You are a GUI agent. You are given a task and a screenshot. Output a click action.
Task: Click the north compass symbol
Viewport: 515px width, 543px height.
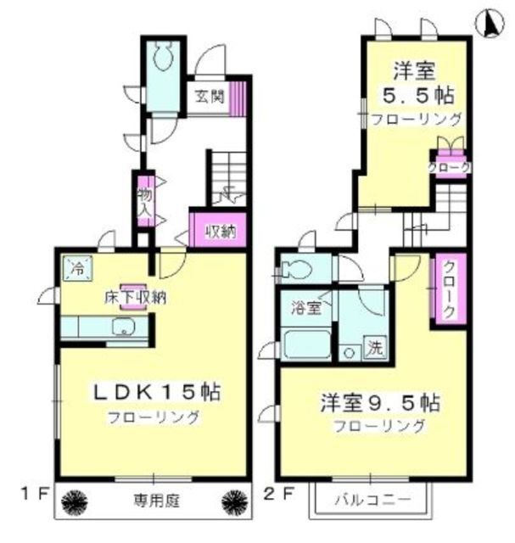tap(490, 24)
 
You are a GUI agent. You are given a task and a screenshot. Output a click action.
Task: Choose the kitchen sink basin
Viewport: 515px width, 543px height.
tap(123, 327)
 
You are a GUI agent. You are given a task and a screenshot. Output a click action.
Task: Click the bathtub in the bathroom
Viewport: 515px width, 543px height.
tap(306, 344)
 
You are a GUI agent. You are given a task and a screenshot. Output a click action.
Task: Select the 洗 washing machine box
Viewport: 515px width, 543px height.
tap(374, 346)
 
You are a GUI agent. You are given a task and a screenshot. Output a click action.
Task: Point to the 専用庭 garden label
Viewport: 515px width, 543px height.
tap(154, 499)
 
